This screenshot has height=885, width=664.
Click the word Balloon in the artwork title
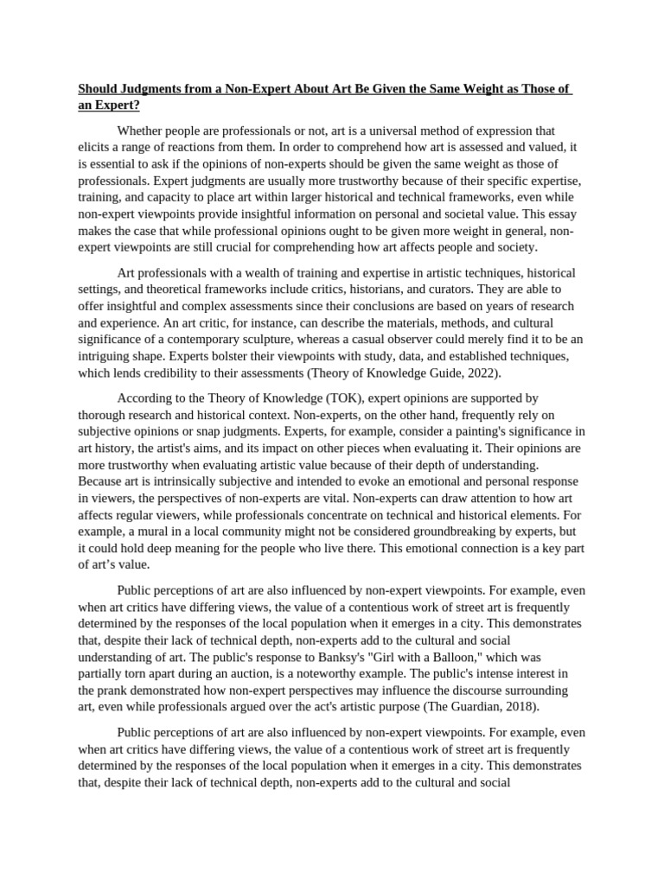tap(418, 657)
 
